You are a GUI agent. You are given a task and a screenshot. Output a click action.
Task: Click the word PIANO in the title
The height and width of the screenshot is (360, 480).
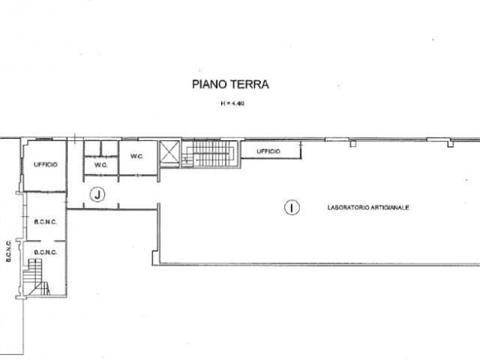click(x=210, y=84)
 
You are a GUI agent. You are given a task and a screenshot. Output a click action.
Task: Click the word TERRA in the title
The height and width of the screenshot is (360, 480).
click(x=250, y=84)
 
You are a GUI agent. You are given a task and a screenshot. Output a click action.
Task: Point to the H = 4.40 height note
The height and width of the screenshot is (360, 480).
click(x=232, y=103)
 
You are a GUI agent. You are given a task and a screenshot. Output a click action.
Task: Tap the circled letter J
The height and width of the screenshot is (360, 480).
click(x=97, y=194)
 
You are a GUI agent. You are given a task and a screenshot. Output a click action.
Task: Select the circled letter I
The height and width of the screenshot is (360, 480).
click(x=292, y=208)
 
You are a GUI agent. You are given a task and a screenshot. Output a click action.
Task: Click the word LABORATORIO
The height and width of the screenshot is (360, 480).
click(x=348, y=208)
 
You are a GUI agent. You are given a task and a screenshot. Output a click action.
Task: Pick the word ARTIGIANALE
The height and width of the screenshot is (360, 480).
click(x=390, y=208)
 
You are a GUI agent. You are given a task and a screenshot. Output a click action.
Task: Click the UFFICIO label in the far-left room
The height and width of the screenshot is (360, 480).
click(x=45, y=165)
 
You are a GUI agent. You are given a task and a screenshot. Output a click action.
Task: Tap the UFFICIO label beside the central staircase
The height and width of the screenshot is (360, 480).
click(x=268, y=151)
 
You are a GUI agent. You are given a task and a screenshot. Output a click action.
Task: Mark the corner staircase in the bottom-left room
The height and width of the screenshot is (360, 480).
click(x=36, y=277)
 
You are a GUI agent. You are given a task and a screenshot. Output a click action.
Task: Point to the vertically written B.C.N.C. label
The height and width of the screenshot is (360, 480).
click(x=8, y=250)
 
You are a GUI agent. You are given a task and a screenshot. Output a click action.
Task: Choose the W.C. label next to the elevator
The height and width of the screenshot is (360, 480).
click(x=136, y=156)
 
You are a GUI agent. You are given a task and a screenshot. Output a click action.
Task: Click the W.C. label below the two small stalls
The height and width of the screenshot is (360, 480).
click(x=100, y=165)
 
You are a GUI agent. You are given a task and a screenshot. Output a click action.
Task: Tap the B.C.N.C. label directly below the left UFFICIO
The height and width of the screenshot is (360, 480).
click(x=45, y=222)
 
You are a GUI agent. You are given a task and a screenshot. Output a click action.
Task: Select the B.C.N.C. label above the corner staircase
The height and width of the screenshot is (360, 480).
click(x=45, y=253)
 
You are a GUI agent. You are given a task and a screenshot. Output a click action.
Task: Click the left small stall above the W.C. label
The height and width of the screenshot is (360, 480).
click(x=92, y=148)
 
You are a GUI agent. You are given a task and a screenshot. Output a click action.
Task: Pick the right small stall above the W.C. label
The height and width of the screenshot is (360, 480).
click(x=109, y=148)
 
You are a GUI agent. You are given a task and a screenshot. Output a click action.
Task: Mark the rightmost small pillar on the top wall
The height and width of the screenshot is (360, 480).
click(x=450, y=143)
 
